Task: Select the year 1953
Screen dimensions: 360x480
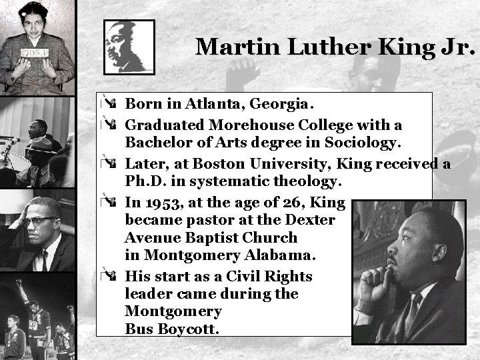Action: click(159, 203)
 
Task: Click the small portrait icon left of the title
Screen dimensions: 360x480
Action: click(129, 47)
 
